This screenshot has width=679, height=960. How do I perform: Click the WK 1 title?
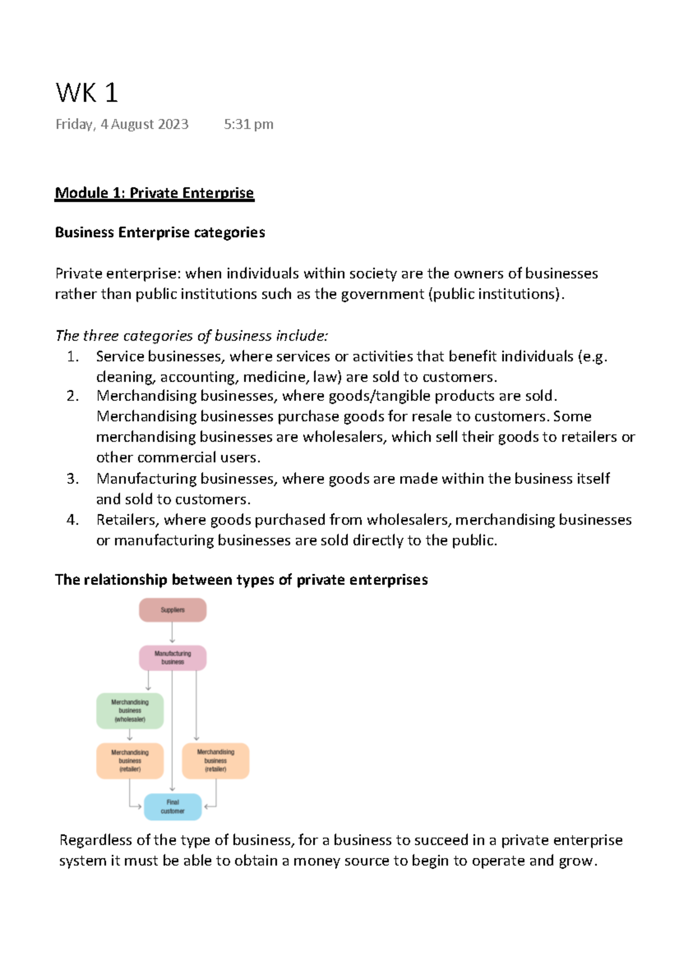(87, 93)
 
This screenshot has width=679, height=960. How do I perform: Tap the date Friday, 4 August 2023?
(122, 124)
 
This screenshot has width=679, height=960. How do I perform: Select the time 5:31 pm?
(248, 124)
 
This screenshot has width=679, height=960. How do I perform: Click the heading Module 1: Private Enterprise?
(154, 193)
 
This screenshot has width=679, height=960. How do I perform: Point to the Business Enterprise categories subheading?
(160, 232)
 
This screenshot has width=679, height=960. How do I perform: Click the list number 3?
(72, 479)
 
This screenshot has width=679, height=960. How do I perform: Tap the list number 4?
(72, 520)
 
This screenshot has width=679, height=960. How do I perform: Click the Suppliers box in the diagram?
(173, 610)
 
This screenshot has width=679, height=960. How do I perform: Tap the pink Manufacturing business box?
(173, 658)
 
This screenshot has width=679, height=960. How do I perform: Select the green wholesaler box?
(130, 711)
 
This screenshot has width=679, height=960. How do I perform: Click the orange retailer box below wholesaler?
(130, 761)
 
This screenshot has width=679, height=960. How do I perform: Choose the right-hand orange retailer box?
(215, 761)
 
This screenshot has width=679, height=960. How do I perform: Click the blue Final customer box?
(173, 807)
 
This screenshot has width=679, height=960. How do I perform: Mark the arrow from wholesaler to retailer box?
(130, 735)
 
